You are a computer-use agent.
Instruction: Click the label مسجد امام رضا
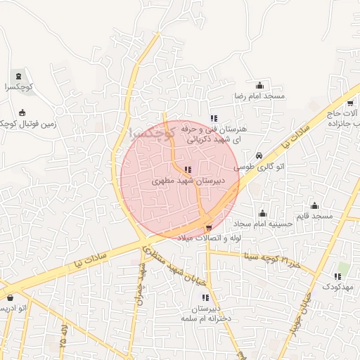coord(259,95)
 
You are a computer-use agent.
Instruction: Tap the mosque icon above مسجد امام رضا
coord(259,85)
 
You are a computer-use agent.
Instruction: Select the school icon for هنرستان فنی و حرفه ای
coord(213,118)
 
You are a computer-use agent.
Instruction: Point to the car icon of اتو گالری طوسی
coord(259,156)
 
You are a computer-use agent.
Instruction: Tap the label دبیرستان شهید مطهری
coord(188,180)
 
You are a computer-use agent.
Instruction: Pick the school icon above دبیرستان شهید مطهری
coord(188,169)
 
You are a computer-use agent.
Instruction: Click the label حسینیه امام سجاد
coord(263,224)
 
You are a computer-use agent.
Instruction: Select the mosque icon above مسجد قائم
coord(314,206)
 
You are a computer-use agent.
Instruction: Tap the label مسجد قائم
coord(314,217)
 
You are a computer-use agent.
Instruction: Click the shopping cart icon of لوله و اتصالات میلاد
coord(209,227)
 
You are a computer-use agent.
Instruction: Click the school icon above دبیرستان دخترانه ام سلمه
coord(205,298)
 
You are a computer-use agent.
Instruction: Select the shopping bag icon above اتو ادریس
coord(10,298)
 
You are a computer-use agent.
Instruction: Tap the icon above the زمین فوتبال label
coord(22,112)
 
